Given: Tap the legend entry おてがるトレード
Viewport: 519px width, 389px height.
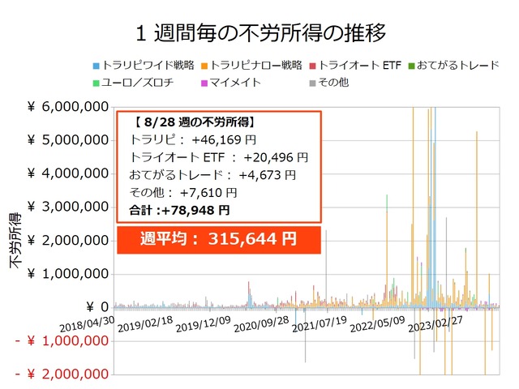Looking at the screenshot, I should point(458,65).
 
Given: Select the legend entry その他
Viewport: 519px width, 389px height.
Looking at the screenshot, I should point(332,82).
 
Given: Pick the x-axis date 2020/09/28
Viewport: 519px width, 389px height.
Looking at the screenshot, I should point(262,330).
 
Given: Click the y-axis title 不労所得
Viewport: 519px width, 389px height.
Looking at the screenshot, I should point(15,241).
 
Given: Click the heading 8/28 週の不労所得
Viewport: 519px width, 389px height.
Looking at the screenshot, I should point(195,122).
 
